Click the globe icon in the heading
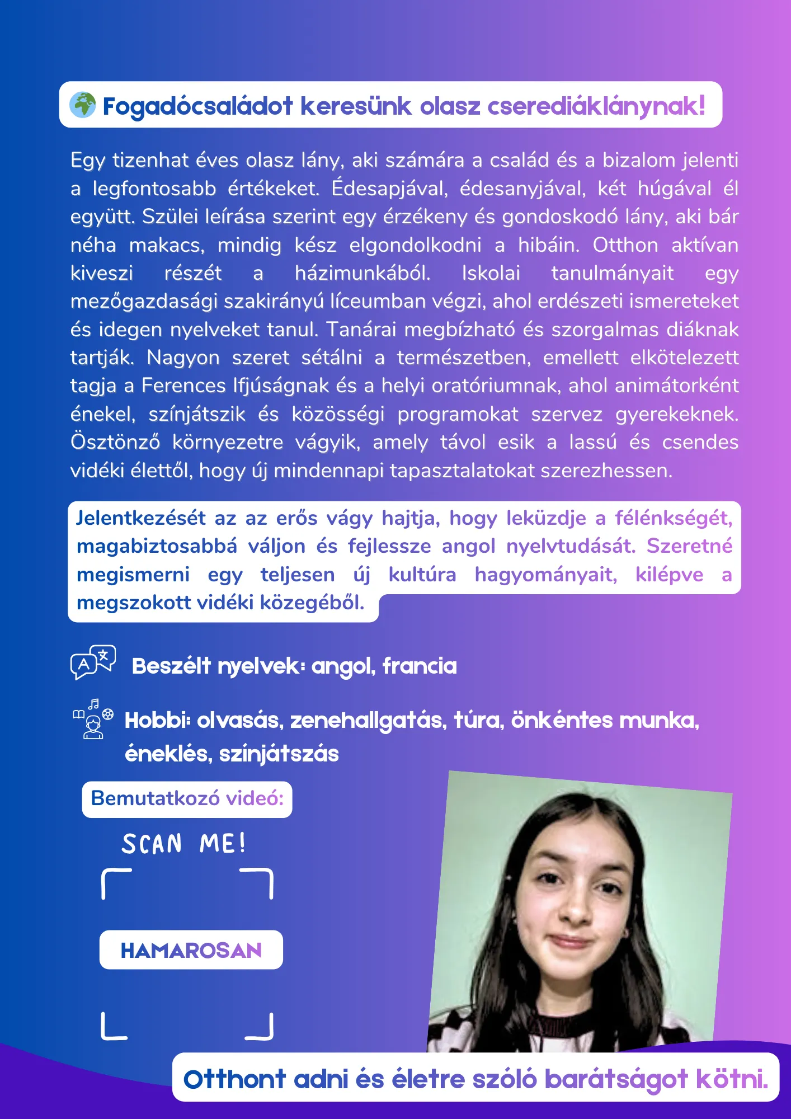(83, 105)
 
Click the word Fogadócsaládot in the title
(198, 106)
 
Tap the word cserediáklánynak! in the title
(596, 106)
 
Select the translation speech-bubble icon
(93, 662)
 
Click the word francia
(420, 666)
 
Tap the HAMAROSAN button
(191, 950)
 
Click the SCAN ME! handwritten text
(184, 844)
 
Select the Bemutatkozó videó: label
(187, 798)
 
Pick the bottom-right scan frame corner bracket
(261, 1028)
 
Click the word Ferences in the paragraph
(183, 385)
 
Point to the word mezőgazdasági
(144, 301)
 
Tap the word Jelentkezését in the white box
(141, 518)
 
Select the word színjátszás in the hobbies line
(279, 754)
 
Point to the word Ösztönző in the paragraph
(115, 442)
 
